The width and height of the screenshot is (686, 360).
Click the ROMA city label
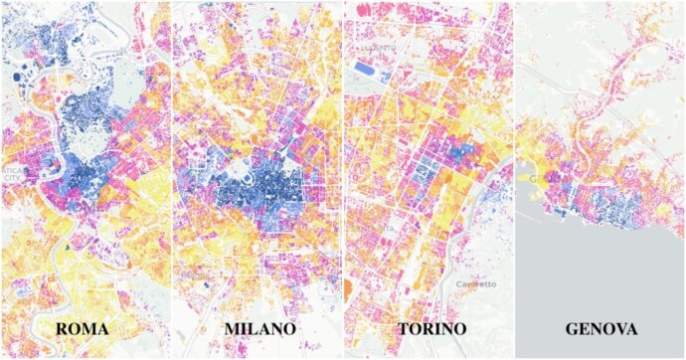[x=83, y=328]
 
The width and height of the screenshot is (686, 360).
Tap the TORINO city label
[x=429, y=328]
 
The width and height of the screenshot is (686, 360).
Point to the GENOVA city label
[x=600, y=328]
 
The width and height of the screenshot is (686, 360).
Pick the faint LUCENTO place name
[x=378, y=47]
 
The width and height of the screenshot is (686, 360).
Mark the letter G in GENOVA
[x=572, y=328]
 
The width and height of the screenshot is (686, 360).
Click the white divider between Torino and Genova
[x=513, y=179]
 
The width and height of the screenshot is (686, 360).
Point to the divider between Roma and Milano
[x=171, y=179]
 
